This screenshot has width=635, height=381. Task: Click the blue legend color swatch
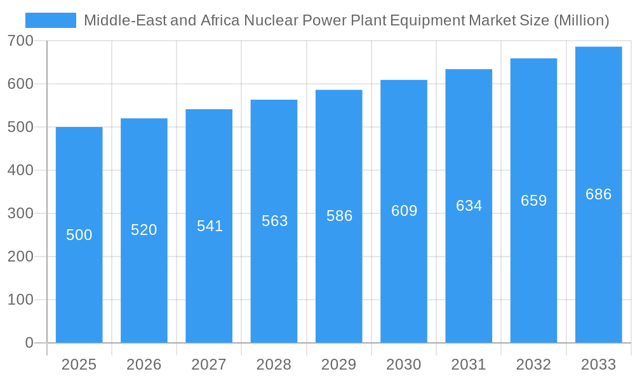(x=50, y=20)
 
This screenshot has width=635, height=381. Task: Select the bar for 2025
(x=79, y=235)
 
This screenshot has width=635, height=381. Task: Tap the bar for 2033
(x=598, y=194)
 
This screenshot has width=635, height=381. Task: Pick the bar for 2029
(x=339, y=216)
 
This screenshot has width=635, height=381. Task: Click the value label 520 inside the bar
(x=144, y=230)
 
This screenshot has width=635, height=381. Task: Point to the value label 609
(x=404, y=211)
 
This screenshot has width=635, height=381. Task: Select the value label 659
(x=533, y=201)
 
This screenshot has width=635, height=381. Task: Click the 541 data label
(x=209, y=226)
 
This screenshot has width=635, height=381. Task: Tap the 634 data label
(x=469, y=206)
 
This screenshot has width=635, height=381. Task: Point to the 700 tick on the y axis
(x=20, y=41)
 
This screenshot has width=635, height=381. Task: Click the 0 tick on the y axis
(x=29, y=343)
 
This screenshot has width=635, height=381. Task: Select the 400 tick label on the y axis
(x=20, y=170)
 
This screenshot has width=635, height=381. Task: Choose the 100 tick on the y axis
(x=20, y=300)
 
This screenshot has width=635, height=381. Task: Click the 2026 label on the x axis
(x=144, y=364)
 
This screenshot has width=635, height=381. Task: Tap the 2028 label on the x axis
(x=274, y=364)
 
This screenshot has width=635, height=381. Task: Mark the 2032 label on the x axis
(x=533, y=364)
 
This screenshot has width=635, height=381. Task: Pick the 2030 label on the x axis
(x=404, y=364)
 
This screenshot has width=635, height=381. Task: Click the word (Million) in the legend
(x=581, y=20)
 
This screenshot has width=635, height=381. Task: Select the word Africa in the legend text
(x=218, y=20)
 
